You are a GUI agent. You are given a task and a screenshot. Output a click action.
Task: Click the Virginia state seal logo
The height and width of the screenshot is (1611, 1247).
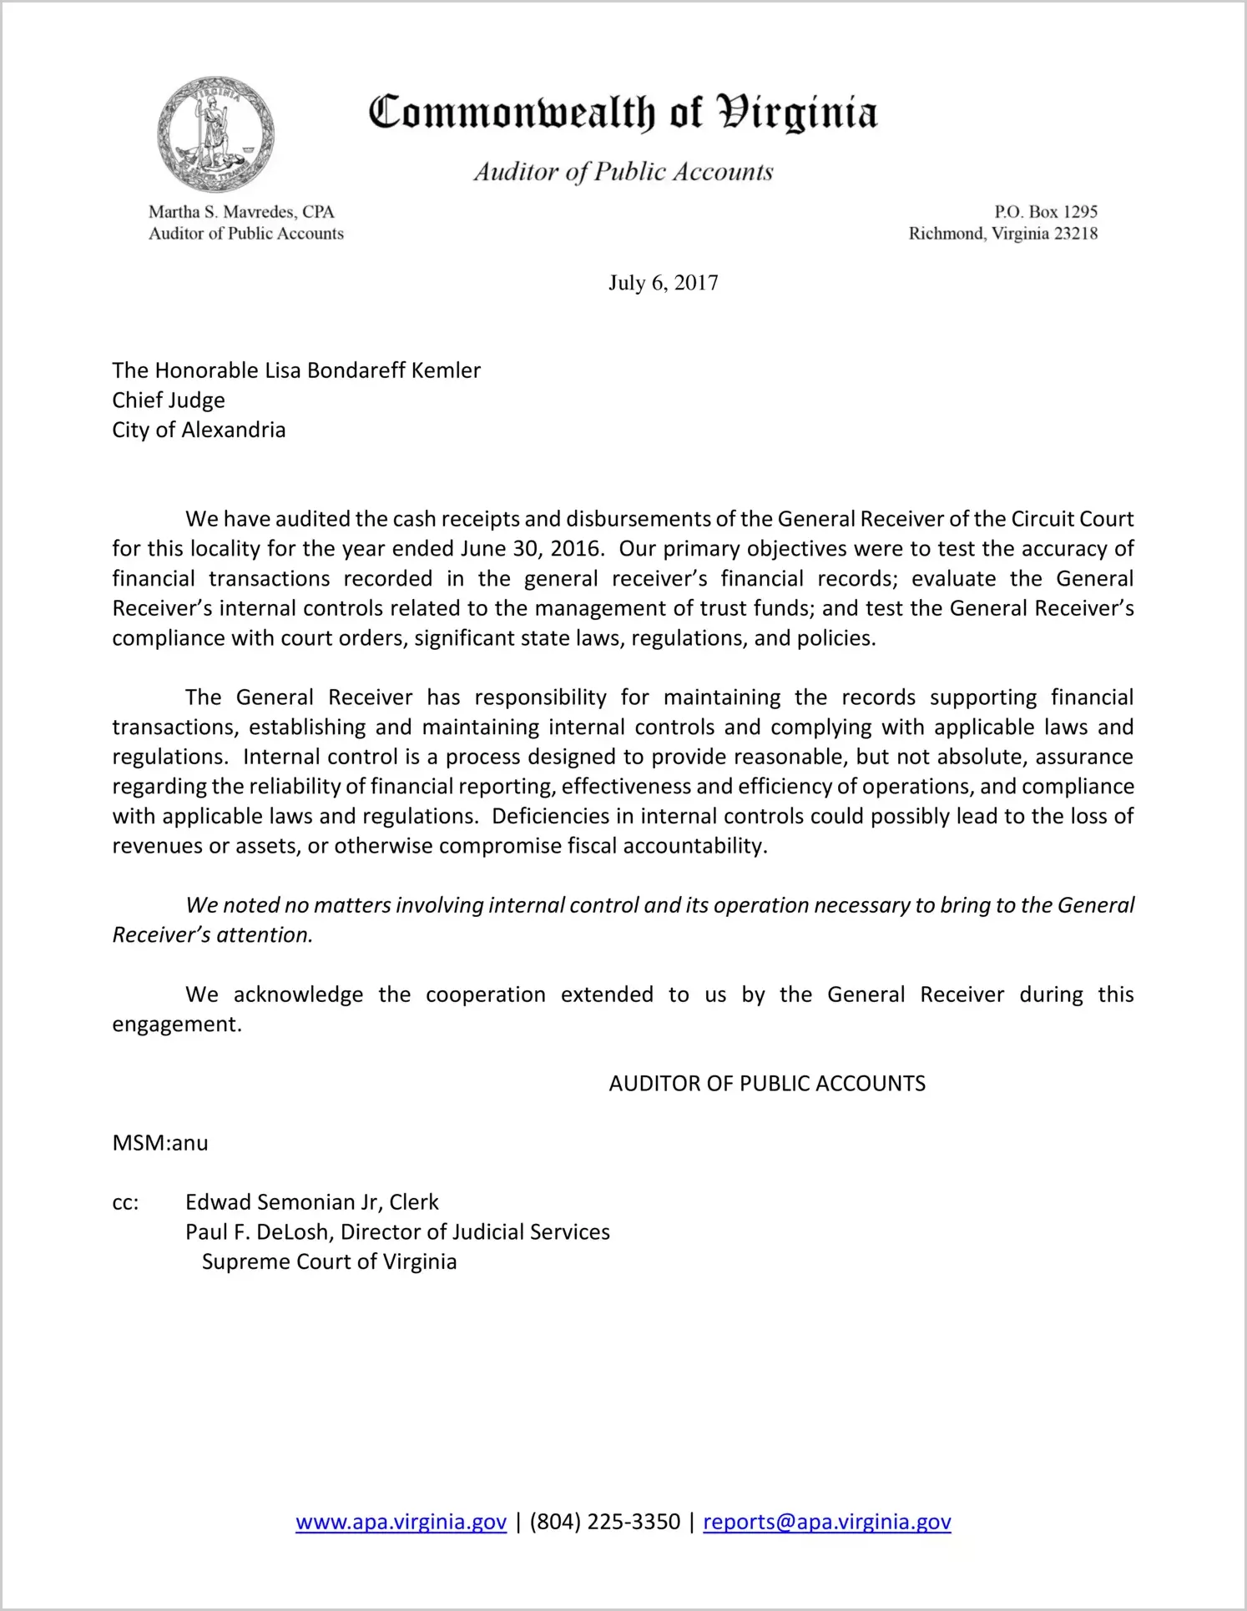[215, 134]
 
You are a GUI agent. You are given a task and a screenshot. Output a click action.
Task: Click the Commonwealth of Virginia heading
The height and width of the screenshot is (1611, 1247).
[623, 113]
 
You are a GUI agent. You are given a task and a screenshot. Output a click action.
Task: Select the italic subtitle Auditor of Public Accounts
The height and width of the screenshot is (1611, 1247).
[623, 172]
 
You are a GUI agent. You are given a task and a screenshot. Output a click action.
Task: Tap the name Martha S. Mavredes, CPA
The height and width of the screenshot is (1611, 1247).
[241, 212]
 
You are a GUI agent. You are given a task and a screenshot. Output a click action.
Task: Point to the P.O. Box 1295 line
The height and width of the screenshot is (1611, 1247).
[1045, 212]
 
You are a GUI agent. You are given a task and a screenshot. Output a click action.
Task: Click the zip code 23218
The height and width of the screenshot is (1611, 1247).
[1076, 234]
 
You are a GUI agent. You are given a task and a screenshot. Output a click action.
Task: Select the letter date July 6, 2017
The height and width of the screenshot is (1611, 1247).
[663, 283]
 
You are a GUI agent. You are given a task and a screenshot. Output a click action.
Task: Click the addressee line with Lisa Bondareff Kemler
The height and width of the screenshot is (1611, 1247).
[296, 370]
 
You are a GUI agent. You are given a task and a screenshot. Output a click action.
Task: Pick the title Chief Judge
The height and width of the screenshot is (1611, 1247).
[169, 400]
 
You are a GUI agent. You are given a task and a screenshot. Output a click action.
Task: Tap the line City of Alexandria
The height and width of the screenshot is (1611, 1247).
[199, 430]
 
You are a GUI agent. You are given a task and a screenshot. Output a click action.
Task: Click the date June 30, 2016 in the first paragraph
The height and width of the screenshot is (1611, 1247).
[530, 549]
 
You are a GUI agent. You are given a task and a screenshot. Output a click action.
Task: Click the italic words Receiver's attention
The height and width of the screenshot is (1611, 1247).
[212, 935]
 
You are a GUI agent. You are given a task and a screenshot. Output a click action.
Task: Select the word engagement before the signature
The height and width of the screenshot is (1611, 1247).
[176, 1024]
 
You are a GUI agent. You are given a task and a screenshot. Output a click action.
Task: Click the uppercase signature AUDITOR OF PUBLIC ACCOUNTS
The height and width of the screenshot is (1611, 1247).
[767, 1084]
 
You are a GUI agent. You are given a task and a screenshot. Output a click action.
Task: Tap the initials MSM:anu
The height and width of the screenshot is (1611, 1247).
[160, 1143]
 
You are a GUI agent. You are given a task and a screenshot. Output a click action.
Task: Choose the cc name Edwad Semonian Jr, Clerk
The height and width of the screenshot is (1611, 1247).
[311, 1202]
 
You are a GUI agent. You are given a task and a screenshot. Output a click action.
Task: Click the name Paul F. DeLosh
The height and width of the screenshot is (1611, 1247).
[259, 1232]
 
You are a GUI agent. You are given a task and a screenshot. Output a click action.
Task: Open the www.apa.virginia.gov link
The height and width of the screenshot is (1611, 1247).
[401, 1522]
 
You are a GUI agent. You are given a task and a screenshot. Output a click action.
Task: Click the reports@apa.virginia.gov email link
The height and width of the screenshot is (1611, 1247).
[826, 1522]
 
